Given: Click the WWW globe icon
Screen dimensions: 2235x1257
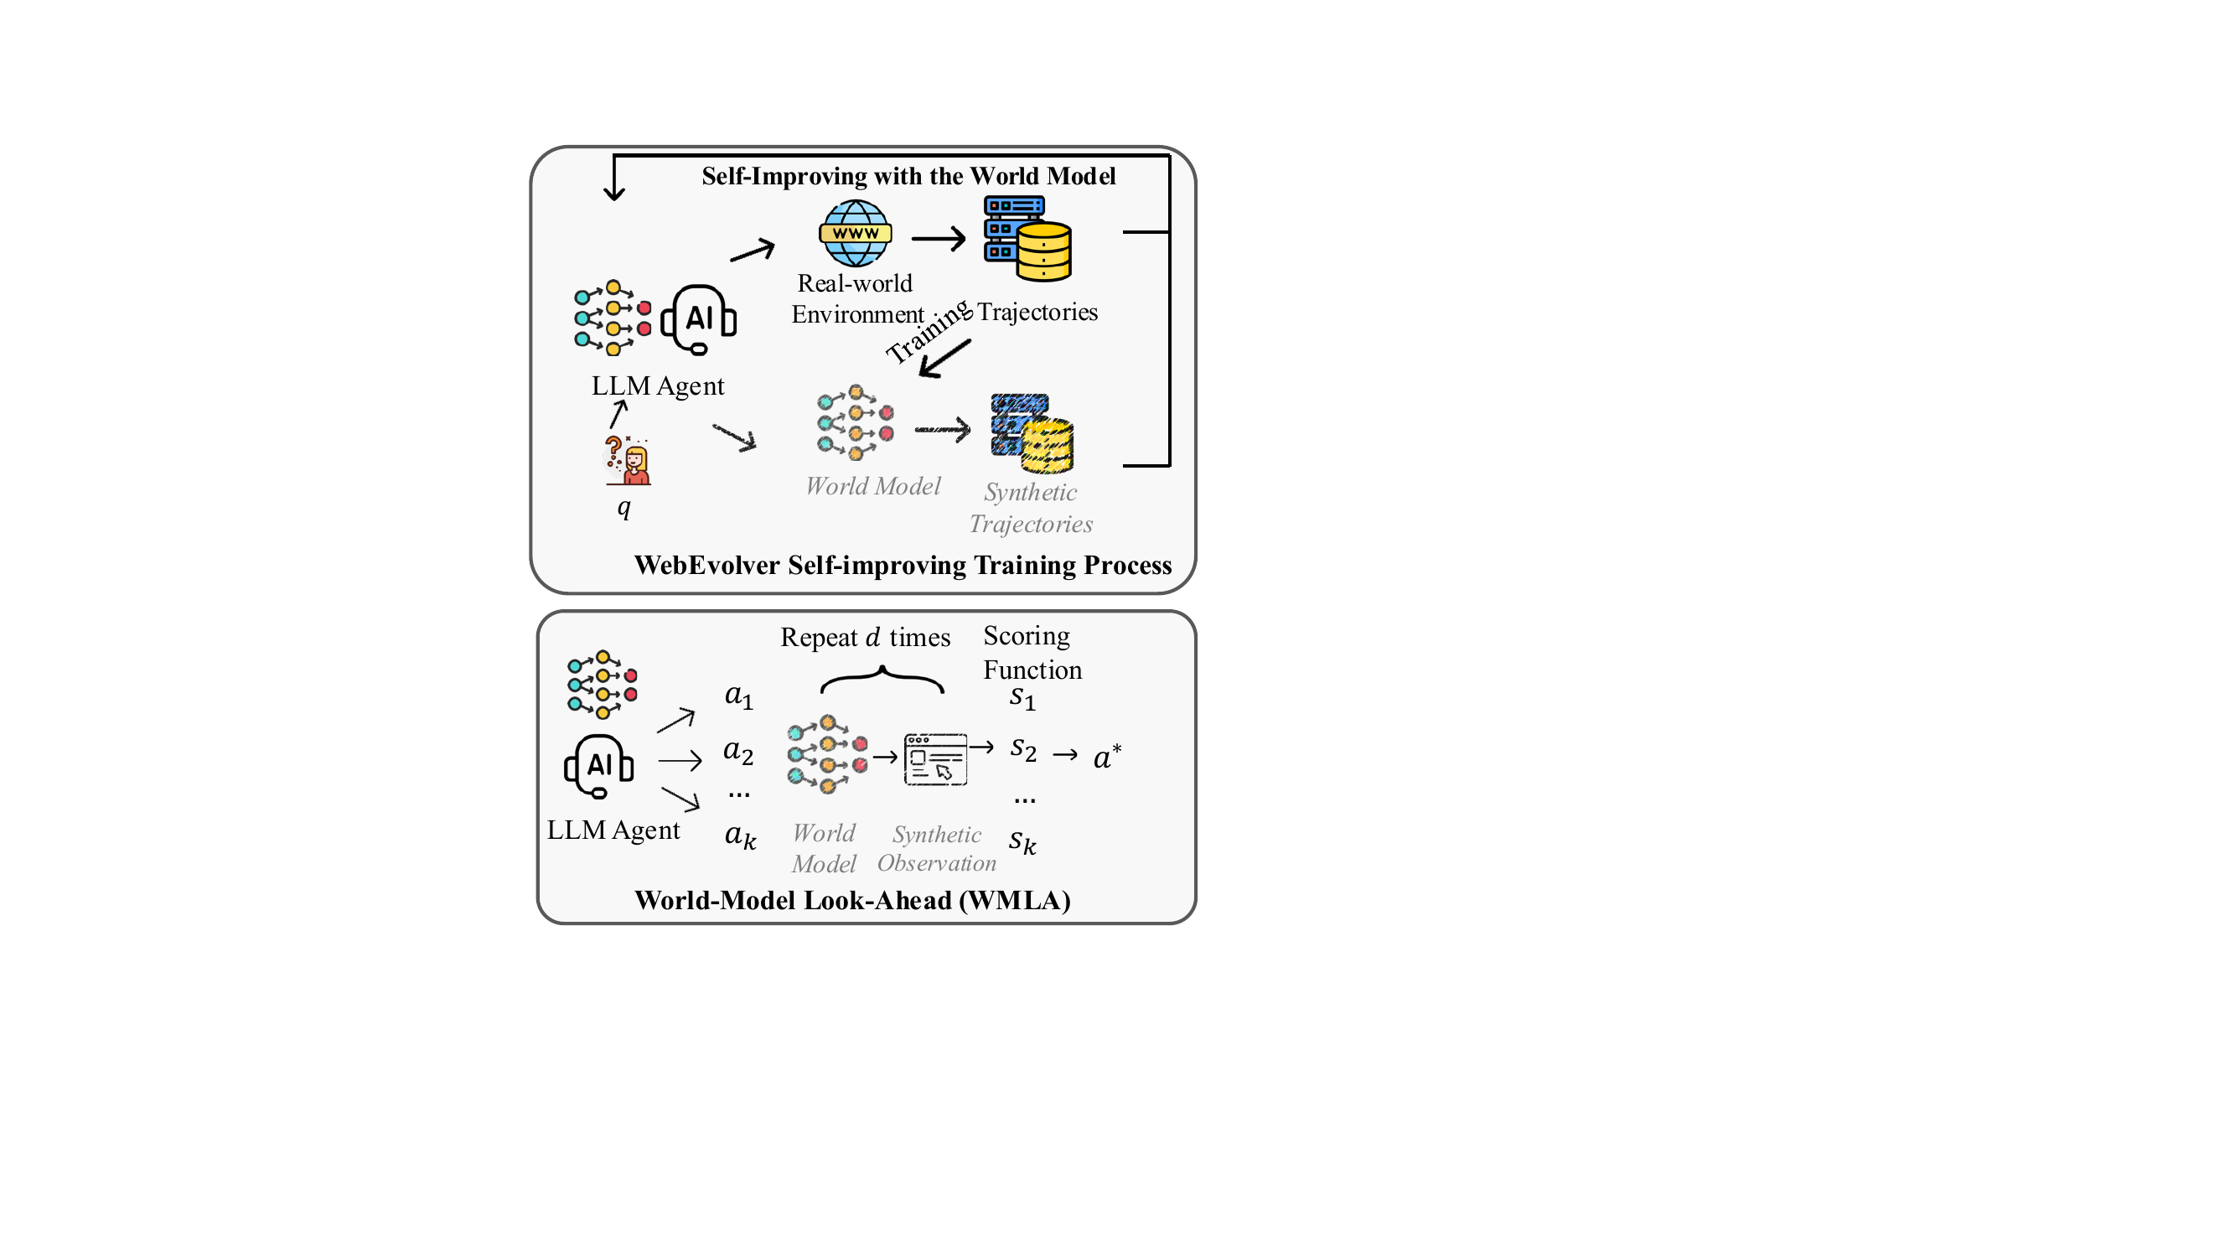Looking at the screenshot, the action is pyautogui.click(x=856, y=232).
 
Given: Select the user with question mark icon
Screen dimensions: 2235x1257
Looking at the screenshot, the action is pyautogui.click(x=628, y=460).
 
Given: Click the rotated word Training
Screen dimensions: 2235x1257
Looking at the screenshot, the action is pyautogui.click(x=929, y=330).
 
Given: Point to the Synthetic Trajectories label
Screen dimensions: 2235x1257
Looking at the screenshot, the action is pyautogui.click(x=1031, y=508).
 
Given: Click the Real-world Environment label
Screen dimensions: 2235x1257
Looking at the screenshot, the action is pyautogui.click(x=857, y=298).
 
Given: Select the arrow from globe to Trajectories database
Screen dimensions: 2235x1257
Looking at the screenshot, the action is pyautogui.click(x=939, y=238).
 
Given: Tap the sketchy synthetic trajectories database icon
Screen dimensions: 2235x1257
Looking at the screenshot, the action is pyautogui.click(x=1032, y=433).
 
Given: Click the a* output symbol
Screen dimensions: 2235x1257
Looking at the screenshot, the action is pyautogui.click(x=1107, y=757).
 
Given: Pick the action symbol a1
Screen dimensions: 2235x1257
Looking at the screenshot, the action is pyautogui.click(x=739, y=696).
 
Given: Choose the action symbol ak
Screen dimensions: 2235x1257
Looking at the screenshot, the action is pyautogui.click(x=741, y=836).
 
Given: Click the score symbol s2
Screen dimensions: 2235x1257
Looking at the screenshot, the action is pyautogui.click(x=1024, y=748).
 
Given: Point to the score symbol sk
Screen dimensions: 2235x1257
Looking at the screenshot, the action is pyautogui.click(x=1023, y=841).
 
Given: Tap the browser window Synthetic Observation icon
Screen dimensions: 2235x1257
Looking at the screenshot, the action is pyautogui.click(x=935, y=759).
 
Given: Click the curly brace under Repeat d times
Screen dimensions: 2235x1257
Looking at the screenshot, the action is pyautogui.click(x=882, y=679).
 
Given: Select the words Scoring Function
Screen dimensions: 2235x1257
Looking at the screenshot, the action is pyautogui.click(x=1032, y=652).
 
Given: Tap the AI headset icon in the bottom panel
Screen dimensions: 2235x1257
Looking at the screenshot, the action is pyautogui.click(x=598, y=765).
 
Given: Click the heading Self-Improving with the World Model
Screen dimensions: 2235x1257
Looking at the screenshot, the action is pyautogui.click(x=908, y=176).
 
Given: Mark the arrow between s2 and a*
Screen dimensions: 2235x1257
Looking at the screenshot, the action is pyautogui.click(x=1065, y=756).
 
